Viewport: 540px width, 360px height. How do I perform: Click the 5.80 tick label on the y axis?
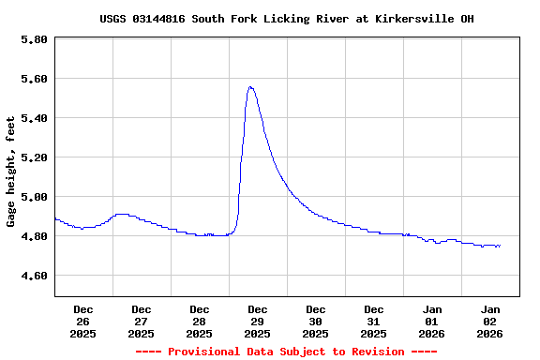click(x=34, y=39)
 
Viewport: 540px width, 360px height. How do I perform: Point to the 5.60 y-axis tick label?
click(x=34, y=79)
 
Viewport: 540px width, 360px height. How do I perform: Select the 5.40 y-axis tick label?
click(x=34, y=118)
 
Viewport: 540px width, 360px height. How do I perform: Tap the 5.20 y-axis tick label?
click(x=34, y=157)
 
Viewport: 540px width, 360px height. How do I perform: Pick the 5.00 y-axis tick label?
click(x=34, y=197)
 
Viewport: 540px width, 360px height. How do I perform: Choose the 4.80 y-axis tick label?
click(x=34, y=236)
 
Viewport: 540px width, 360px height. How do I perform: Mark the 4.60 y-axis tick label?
click(x=34, y=276)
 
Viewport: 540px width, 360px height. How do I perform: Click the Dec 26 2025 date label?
click(x=83, y=321)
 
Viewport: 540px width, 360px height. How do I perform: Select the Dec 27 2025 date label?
click(x=142, y=321)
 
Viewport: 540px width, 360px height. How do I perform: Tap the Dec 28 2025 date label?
click(x=200, y=321)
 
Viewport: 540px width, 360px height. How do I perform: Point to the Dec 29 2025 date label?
click(x=258, y=321)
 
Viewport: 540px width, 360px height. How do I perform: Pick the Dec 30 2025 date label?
click(x=316, y=321)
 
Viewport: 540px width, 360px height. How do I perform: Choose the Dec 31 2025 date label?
click(x=374, y=321)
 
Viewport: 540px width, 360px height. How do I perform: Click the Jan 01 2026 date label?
click(x=432, y=321)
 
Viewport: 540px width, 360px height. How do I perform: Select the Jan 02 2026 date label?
click(x=490, y=321)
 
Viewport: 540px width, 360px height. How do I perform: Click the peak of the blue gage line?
click(x=250, y=87)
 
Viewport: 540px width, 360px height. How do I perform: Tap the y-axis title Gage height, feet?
click(x=11, y=172)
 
